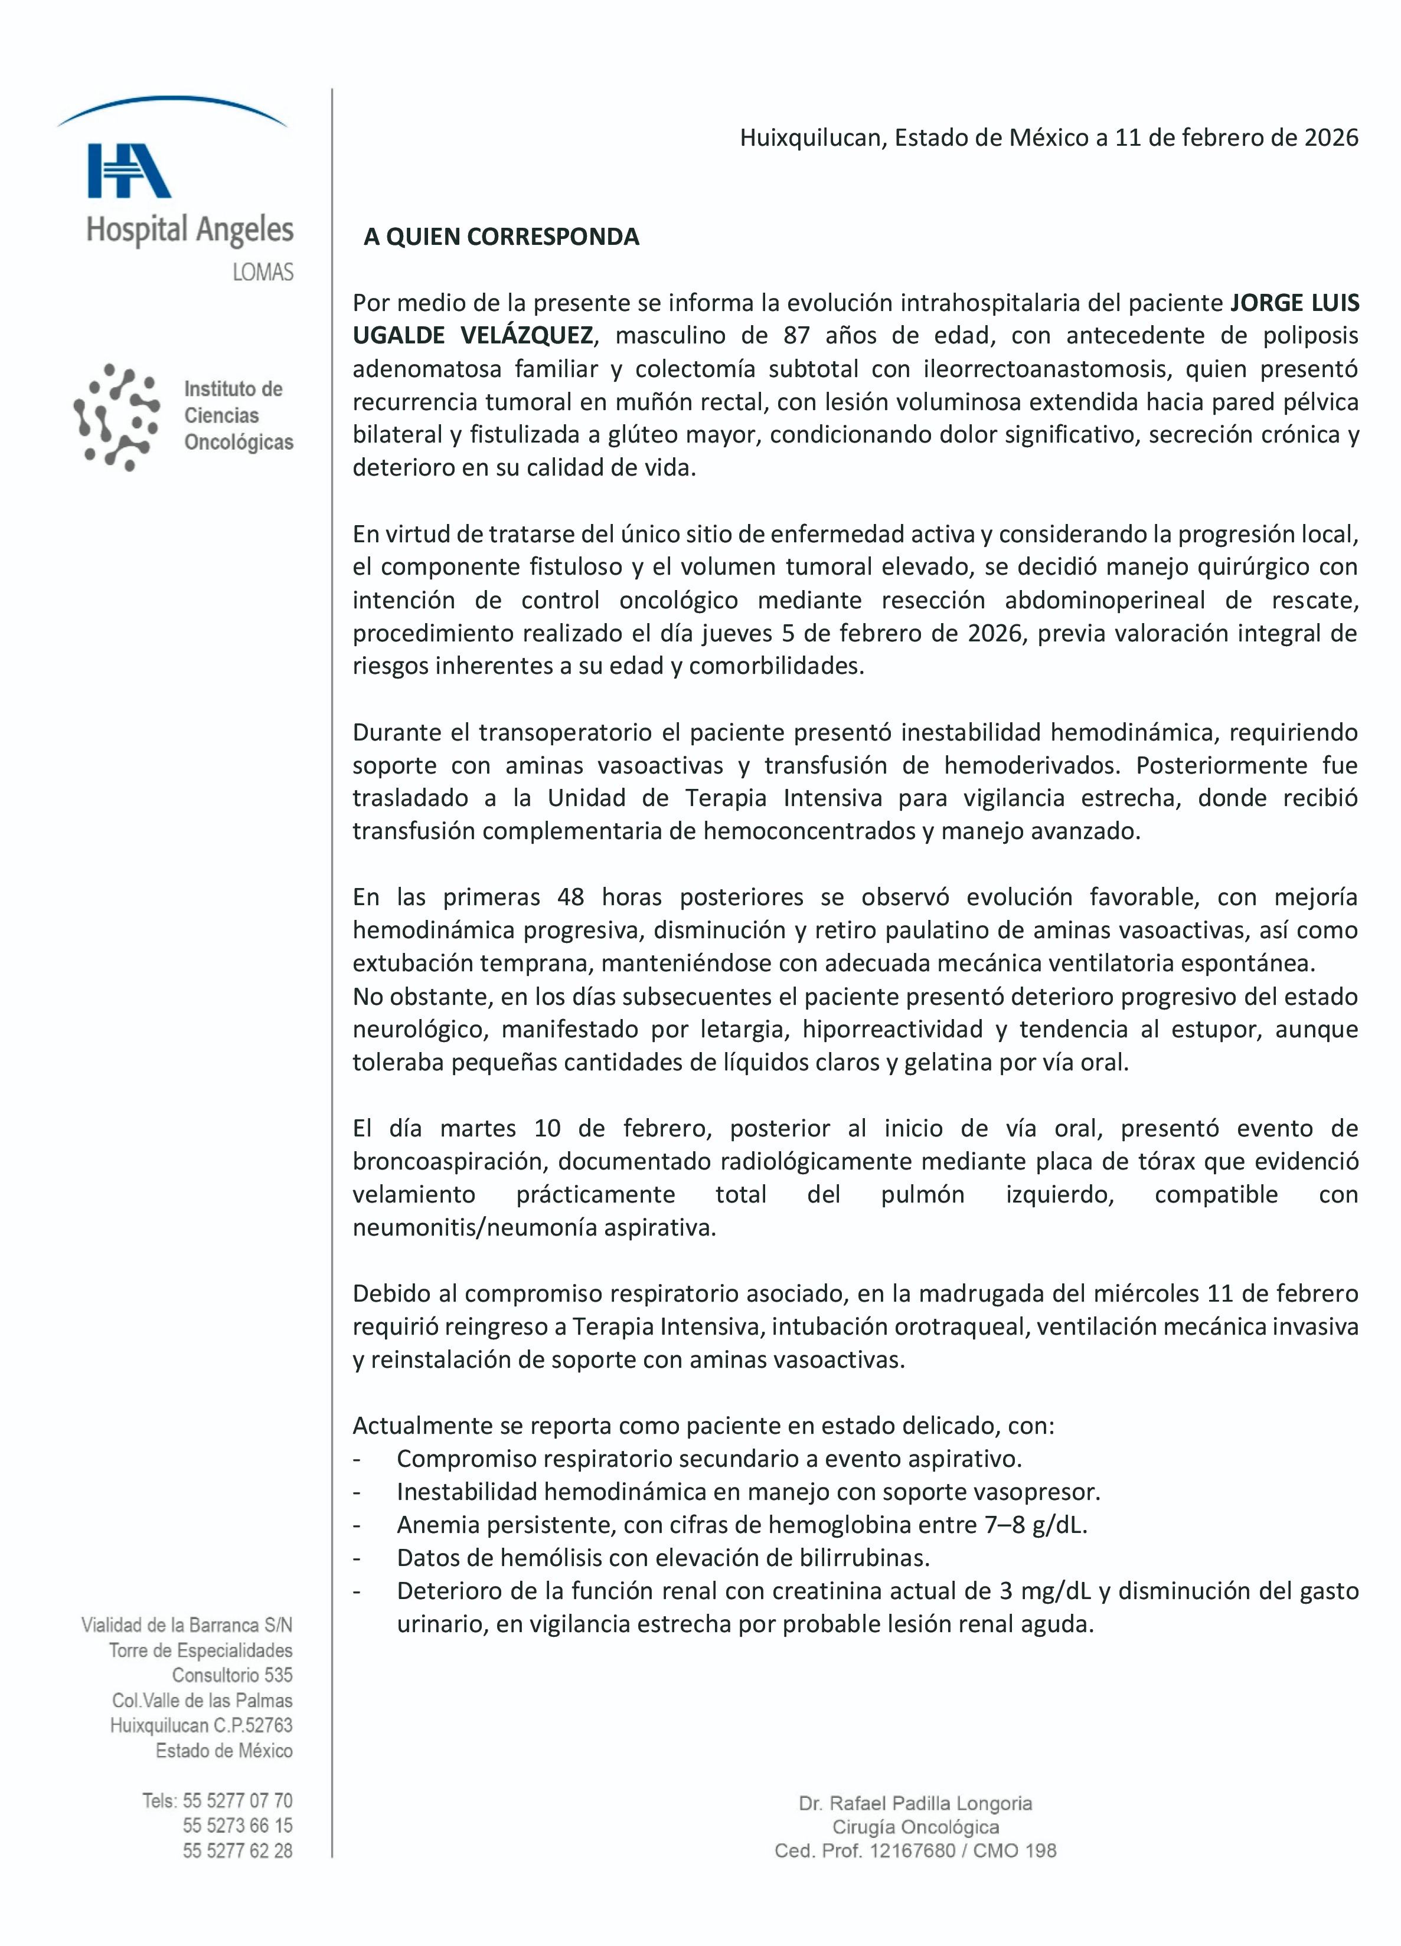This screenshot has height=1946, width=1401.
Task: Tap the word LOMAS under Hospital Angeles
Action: (263, 272)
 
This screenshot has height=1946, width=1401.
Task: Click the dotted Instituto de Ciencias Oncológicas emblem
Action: (117, 417)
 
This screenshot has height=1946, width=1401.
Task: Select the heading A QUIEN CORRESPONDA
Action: (501, 237)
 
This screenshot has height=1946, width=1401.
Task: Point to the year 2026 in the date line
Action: (1331, 137)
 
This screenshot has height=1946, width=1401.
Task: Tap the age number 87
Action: (796, 336)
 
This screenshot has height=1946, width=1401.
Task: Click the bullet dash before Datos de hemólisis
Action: (356, 1558)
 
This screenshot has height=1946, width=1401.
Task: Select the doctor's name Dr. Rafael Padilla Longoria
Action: (915, 1804)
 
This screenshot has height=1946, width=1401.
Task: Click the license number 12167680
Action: (912, 1851)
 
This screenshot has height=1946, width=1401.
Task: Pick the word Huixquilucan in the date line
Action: (811, 137)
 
